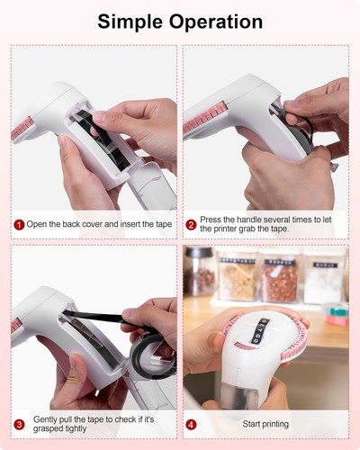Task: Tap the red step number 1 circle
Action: click(x=18, y=224)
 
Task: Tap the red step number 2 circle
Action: click(x=191, y=225)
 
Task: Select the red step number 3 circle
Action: click(x=19, y=424)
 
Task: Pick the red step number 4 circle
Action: click(x=191, y=424)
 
